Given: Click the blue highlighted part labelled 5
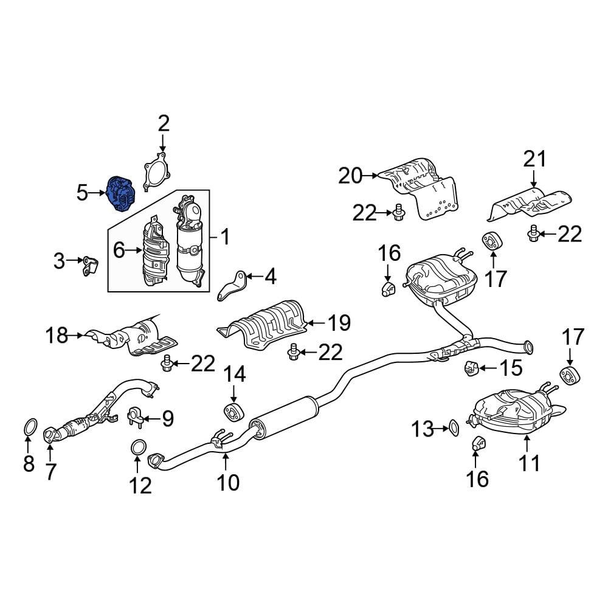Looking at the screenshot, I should point(122,193).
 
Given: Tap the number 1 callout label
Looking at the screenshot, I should point(225,236).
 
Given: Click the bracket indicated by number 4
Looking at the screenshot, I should point(232,285).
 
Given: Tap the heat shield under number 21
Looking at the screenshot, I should point(529,204).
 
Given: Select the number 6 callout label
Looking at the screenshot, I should point(118,249).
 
